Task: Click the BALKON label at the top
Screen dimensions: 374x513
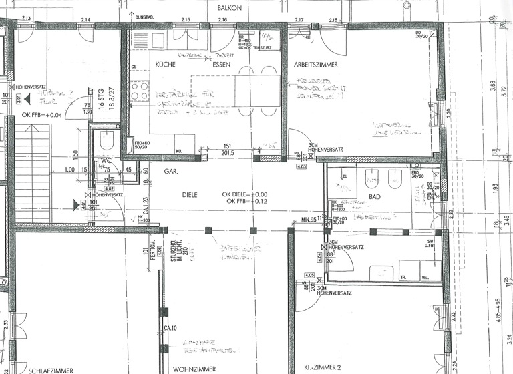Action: pos(230,7)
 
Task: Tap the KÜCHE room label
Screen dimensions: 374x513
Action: pos(166,65)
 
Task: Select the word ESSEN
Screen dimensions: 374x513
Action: pos(222,65)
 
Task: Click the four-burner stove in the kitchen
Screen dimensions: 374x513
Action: pos(140,90)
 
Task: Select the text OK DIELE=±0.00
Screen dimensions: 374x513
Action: pos(248,194)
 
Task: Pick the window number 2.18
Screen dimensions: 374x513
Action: pos(333,21)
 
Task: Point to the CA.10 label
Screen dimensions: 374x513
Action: pos(172,328)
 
